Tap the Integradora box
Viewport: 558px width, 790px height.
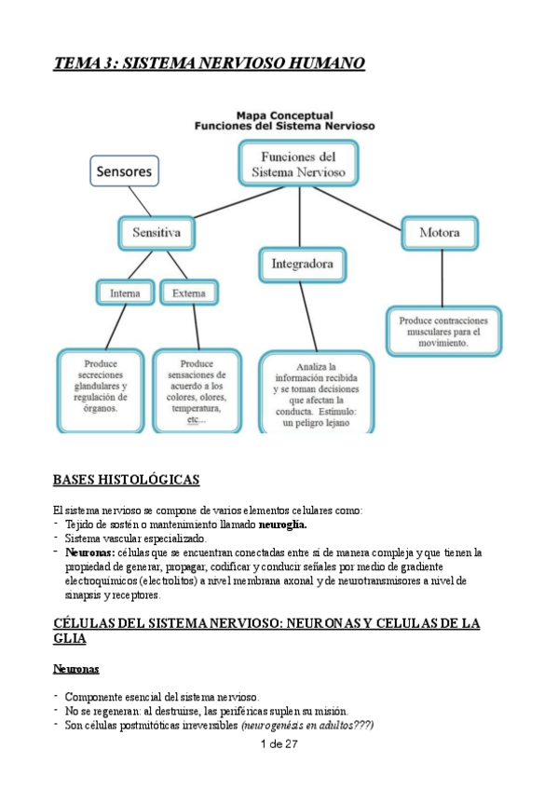point(302,265)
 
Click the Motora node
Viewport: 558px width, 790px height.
point(439,232)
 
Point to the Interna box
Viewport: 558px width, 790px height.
point(125,293)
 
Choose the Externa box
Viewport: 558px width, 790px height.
point(188,293)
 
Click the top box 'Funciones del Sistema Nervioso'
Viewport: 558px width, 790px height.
point(298,163)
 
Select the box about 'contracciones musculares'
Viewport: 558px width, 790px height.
point(444,331)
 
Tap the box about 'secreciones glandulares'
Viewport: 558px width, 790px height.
point(100,388)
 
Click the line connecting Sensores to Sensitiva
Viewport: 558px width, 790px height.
point(142,201)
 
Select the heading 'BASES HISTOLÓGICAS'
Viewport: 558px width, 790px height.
point(126,480)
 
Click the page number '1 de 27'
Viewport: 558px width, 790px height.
point(279,743)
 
